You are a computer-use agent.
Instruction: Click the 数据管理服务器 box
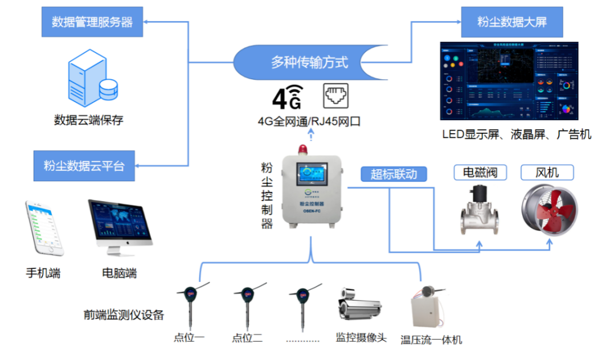click(92, 22)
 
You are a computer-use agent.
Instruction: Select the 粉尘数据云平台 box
click(84, 166)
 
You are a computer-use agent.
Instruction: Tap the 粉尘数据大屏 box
click(511, 22)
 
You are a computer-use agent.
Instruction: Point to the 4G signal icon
click(287, 97)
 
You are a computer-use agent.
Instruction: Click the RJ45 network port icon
click(335, 96)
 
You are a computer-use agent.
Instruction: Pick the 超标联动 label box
click(394, 174)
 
